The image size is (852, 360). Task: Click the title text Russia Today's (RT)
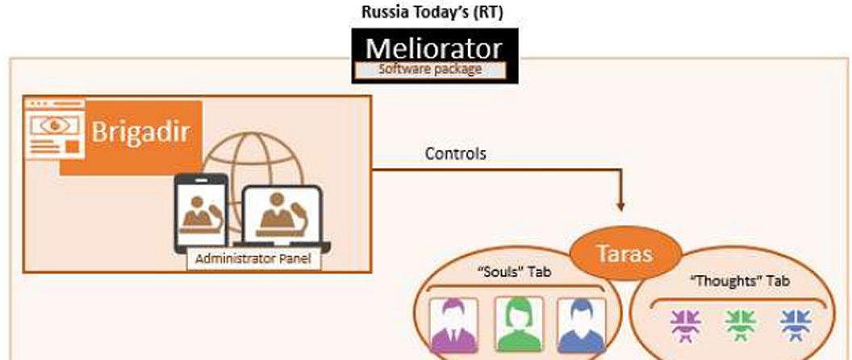432,12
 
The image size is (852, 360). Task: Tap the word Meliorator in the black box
433,48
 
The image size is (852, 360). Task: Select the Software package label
430,69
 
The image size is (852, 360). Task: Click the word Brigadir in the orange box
140,132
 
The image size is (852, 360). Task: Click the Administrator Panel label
253,259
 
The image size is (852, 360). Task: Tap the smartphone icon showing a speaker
201,212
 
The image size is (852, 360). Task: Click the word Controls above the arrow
455,154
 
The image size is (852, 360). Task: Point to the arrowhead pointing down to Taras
620,206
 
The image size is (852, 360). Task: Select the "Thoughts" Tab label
740,281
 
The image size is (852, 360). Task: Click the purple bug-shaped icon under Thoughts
686,325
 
